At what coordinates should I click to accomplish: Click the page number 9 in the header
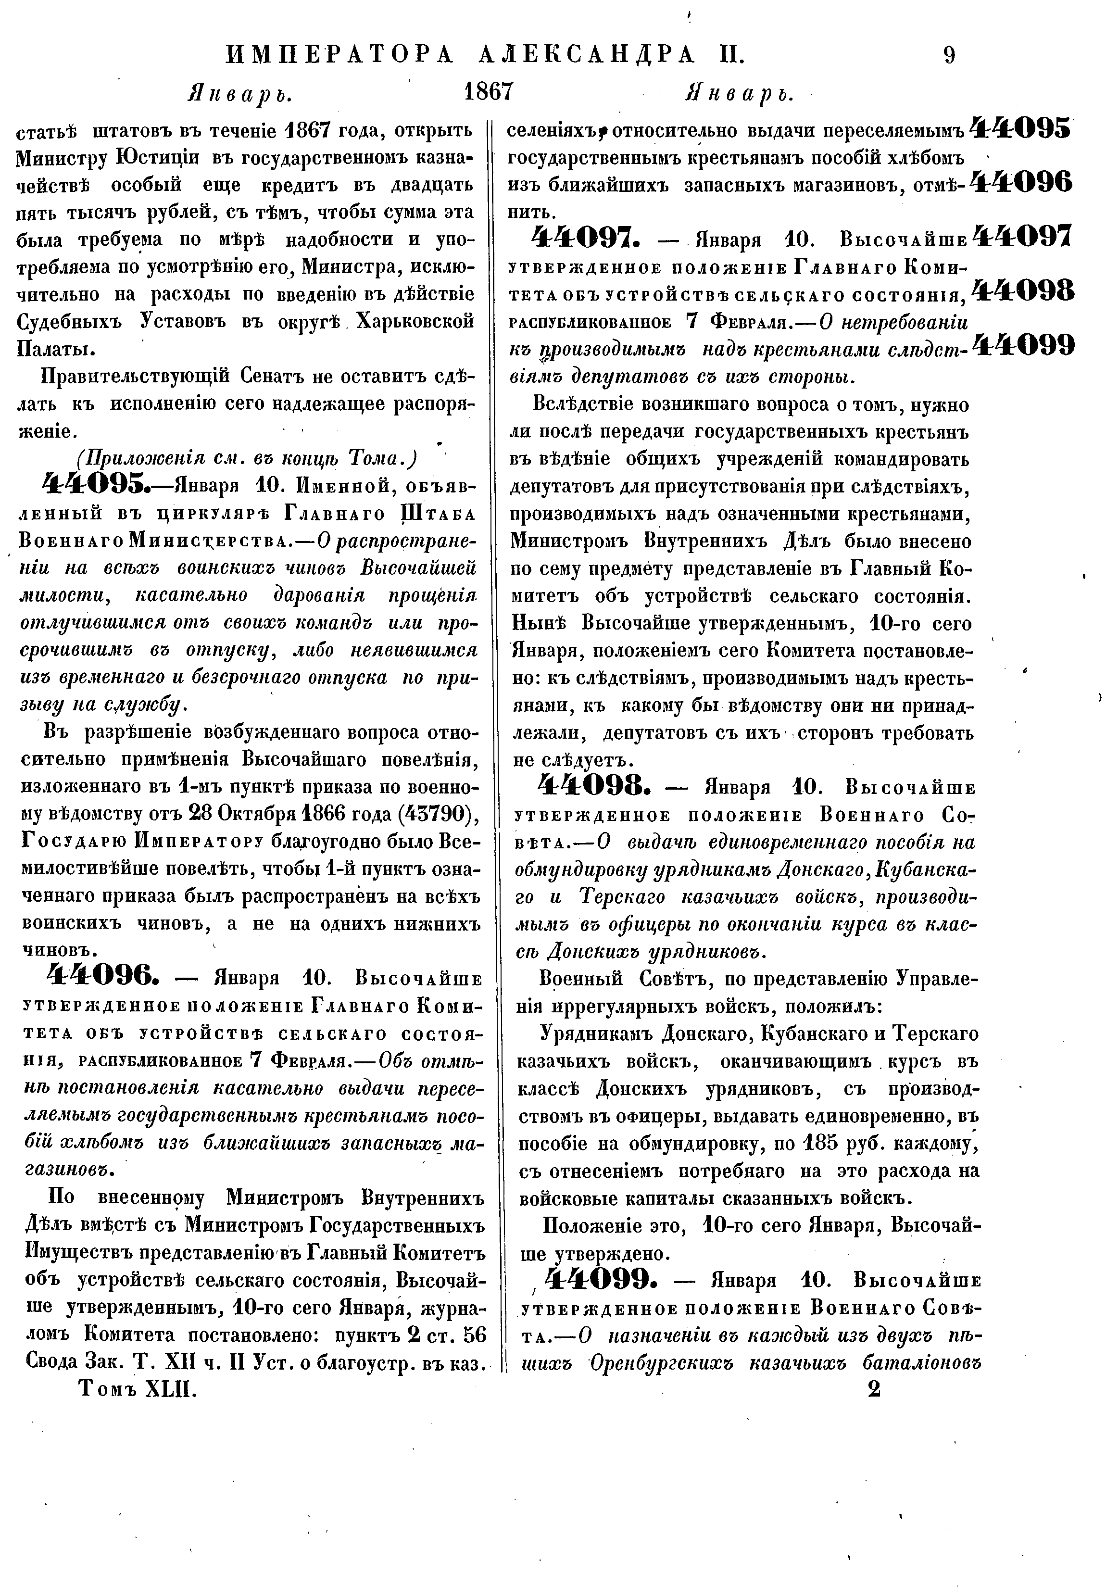pos(948,55)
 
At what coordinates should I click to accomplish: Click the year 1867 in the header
pos(488,91)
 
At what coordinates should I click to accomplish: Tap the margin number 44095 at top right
pos(1020,128)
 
